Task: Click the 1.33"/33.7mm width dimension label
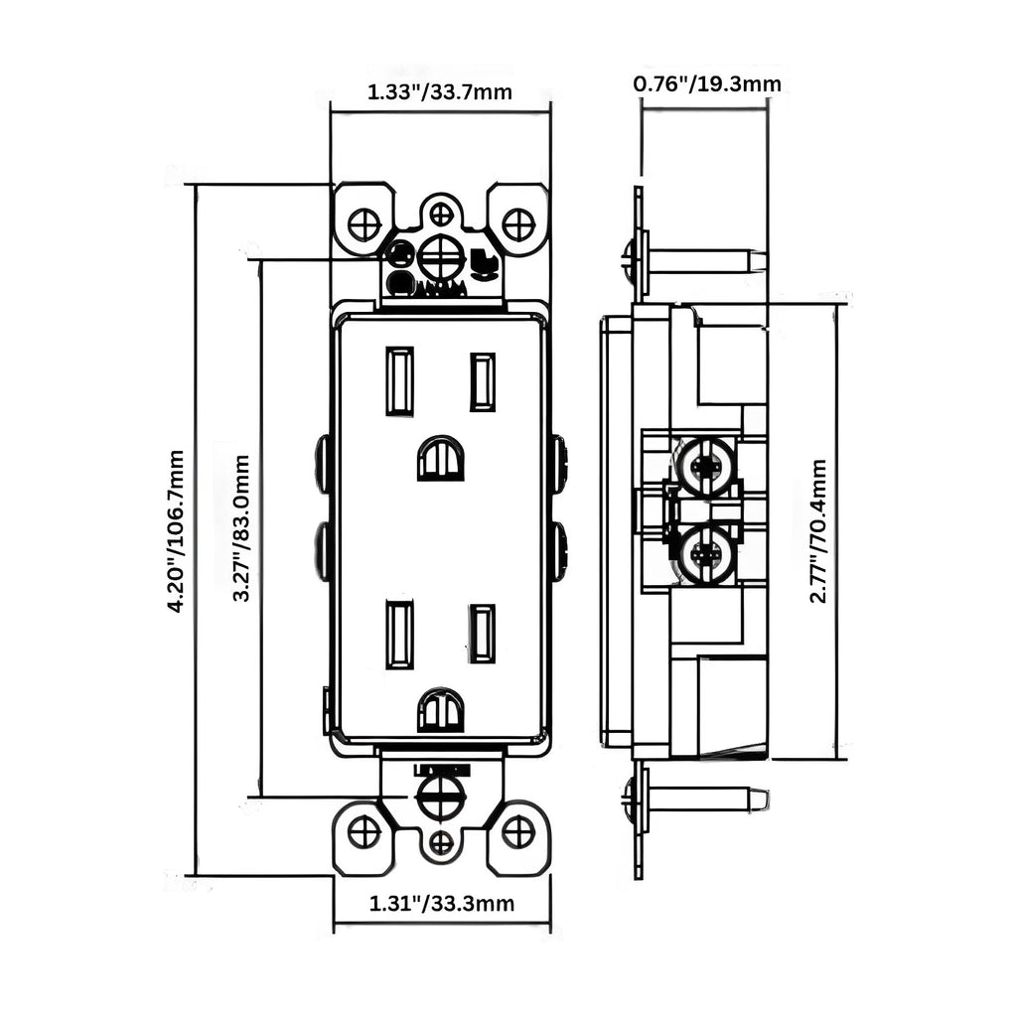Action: pyautogui.click(x=440, y=93)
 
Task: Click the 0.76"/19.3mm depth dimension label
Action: pyautogui.click(x=707, y=84)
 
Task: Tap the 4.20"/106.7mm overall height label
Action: pyautogui.click(x=176, y=530)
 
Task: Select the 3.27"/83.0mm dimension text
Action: pyautogui.click(x=240, y=528)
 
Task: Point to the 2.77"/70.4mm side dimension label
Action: pyautogui.click(x=818, y=530)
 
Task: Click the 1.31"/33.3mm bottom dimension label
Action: pyautogui.click(x=442, y=904)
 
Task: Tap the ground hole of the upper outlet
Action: pyautogui.click(x=440, y=459)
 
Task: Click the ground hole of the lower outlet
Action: pyautogui.click(x=440, y=710)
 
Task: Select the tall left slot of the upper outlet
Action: pyautogui.click(x=399, y=380)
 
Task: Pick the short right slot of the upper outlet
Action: pyautogui.click(x=483, y=382)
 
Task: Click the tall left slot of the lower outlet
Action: pyautogui.click(x=399, y=635)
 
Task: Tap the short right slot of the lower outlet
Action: pyautogui.click(x=483, y=634)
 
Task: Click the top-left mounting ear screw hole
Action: pyautogui.click(x=364, y=224)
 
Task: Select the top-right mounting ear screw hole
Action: pyautogui.click(x=518, y=224)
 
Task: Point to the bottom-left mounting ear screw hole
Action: pyautogui.click(x=364, y=831)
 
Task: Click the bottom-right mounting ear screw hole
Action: pyautogui.click(x=518, y=831)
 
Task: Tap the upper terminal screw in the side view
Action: pyautogui.click(x=706, y=465)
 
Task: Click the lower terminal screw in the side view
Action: pyautogui.click(x=706, y=552)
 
